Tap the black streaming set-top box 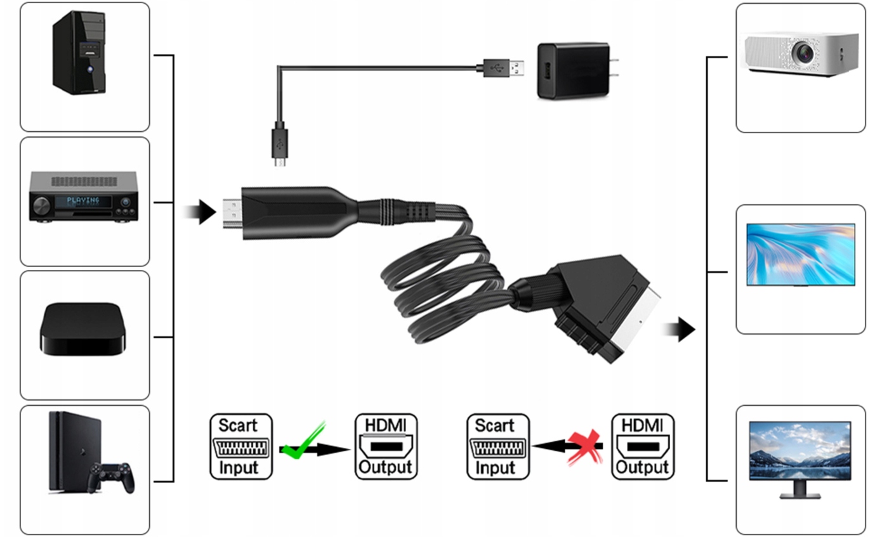[81, 328]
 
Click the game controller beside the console [113, 476]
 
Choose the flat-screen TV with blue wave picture [800, 254]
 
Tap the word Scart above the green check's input [238, 425]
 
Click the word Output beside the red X [642, 468]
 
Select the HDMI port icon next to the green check [385, 447]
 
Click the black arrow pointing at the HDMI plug [202, 212]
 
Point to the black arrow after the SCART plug [681, 330]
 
